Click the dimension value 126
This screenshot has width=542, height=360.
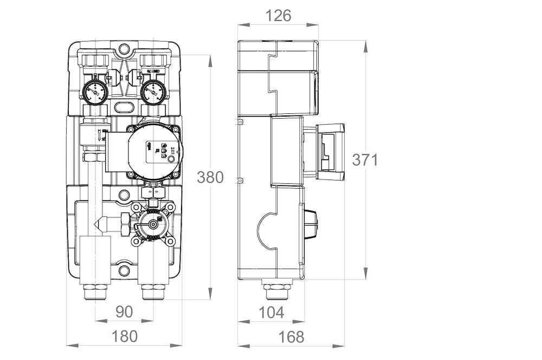tap(278, 16)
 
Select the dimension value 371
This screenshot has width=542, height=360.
tap(365, 160)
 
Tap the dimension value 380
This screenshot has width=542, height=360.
tap(210, 177)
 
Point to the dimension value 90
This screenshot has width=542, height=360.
tap(124, 312)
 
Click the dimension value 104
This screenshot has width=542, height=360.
tap(271, 312)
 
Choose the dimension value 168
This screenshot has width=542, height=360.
tap(291, 337)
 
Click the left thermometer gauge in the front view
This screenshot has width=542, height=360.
tap(96, 92)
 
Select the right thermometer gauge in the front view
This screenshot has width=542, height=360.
tap(153, 92)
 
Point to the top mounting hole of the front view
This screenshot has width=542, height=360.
tap(125, 50)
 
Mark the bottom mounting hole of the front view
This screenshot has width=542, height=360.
tap(125, 269)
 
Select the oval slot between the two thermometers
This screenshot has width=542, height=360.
tap(125, 106)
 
